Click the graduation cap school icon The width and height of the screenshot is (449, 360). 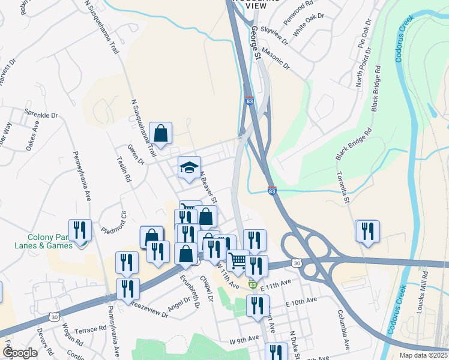(x=189, y=167)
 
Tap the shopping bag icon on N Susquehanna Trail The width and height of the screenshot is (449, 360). (x=161, y=133)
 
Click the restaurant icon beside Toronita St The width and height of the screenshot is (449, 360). (x=367, y=231)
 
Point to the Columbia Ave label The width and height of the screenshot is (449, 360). (x=343, y=329)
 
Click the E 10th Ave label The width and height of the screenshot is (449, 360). (x=301, y=301)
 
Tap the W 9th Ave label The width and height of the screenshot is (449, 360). (x=243, y=341)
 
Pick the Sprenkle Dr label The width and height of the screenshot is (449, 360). (x=41, y=115)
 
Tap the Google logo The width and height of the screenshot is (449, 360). (x=20, y=353)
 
